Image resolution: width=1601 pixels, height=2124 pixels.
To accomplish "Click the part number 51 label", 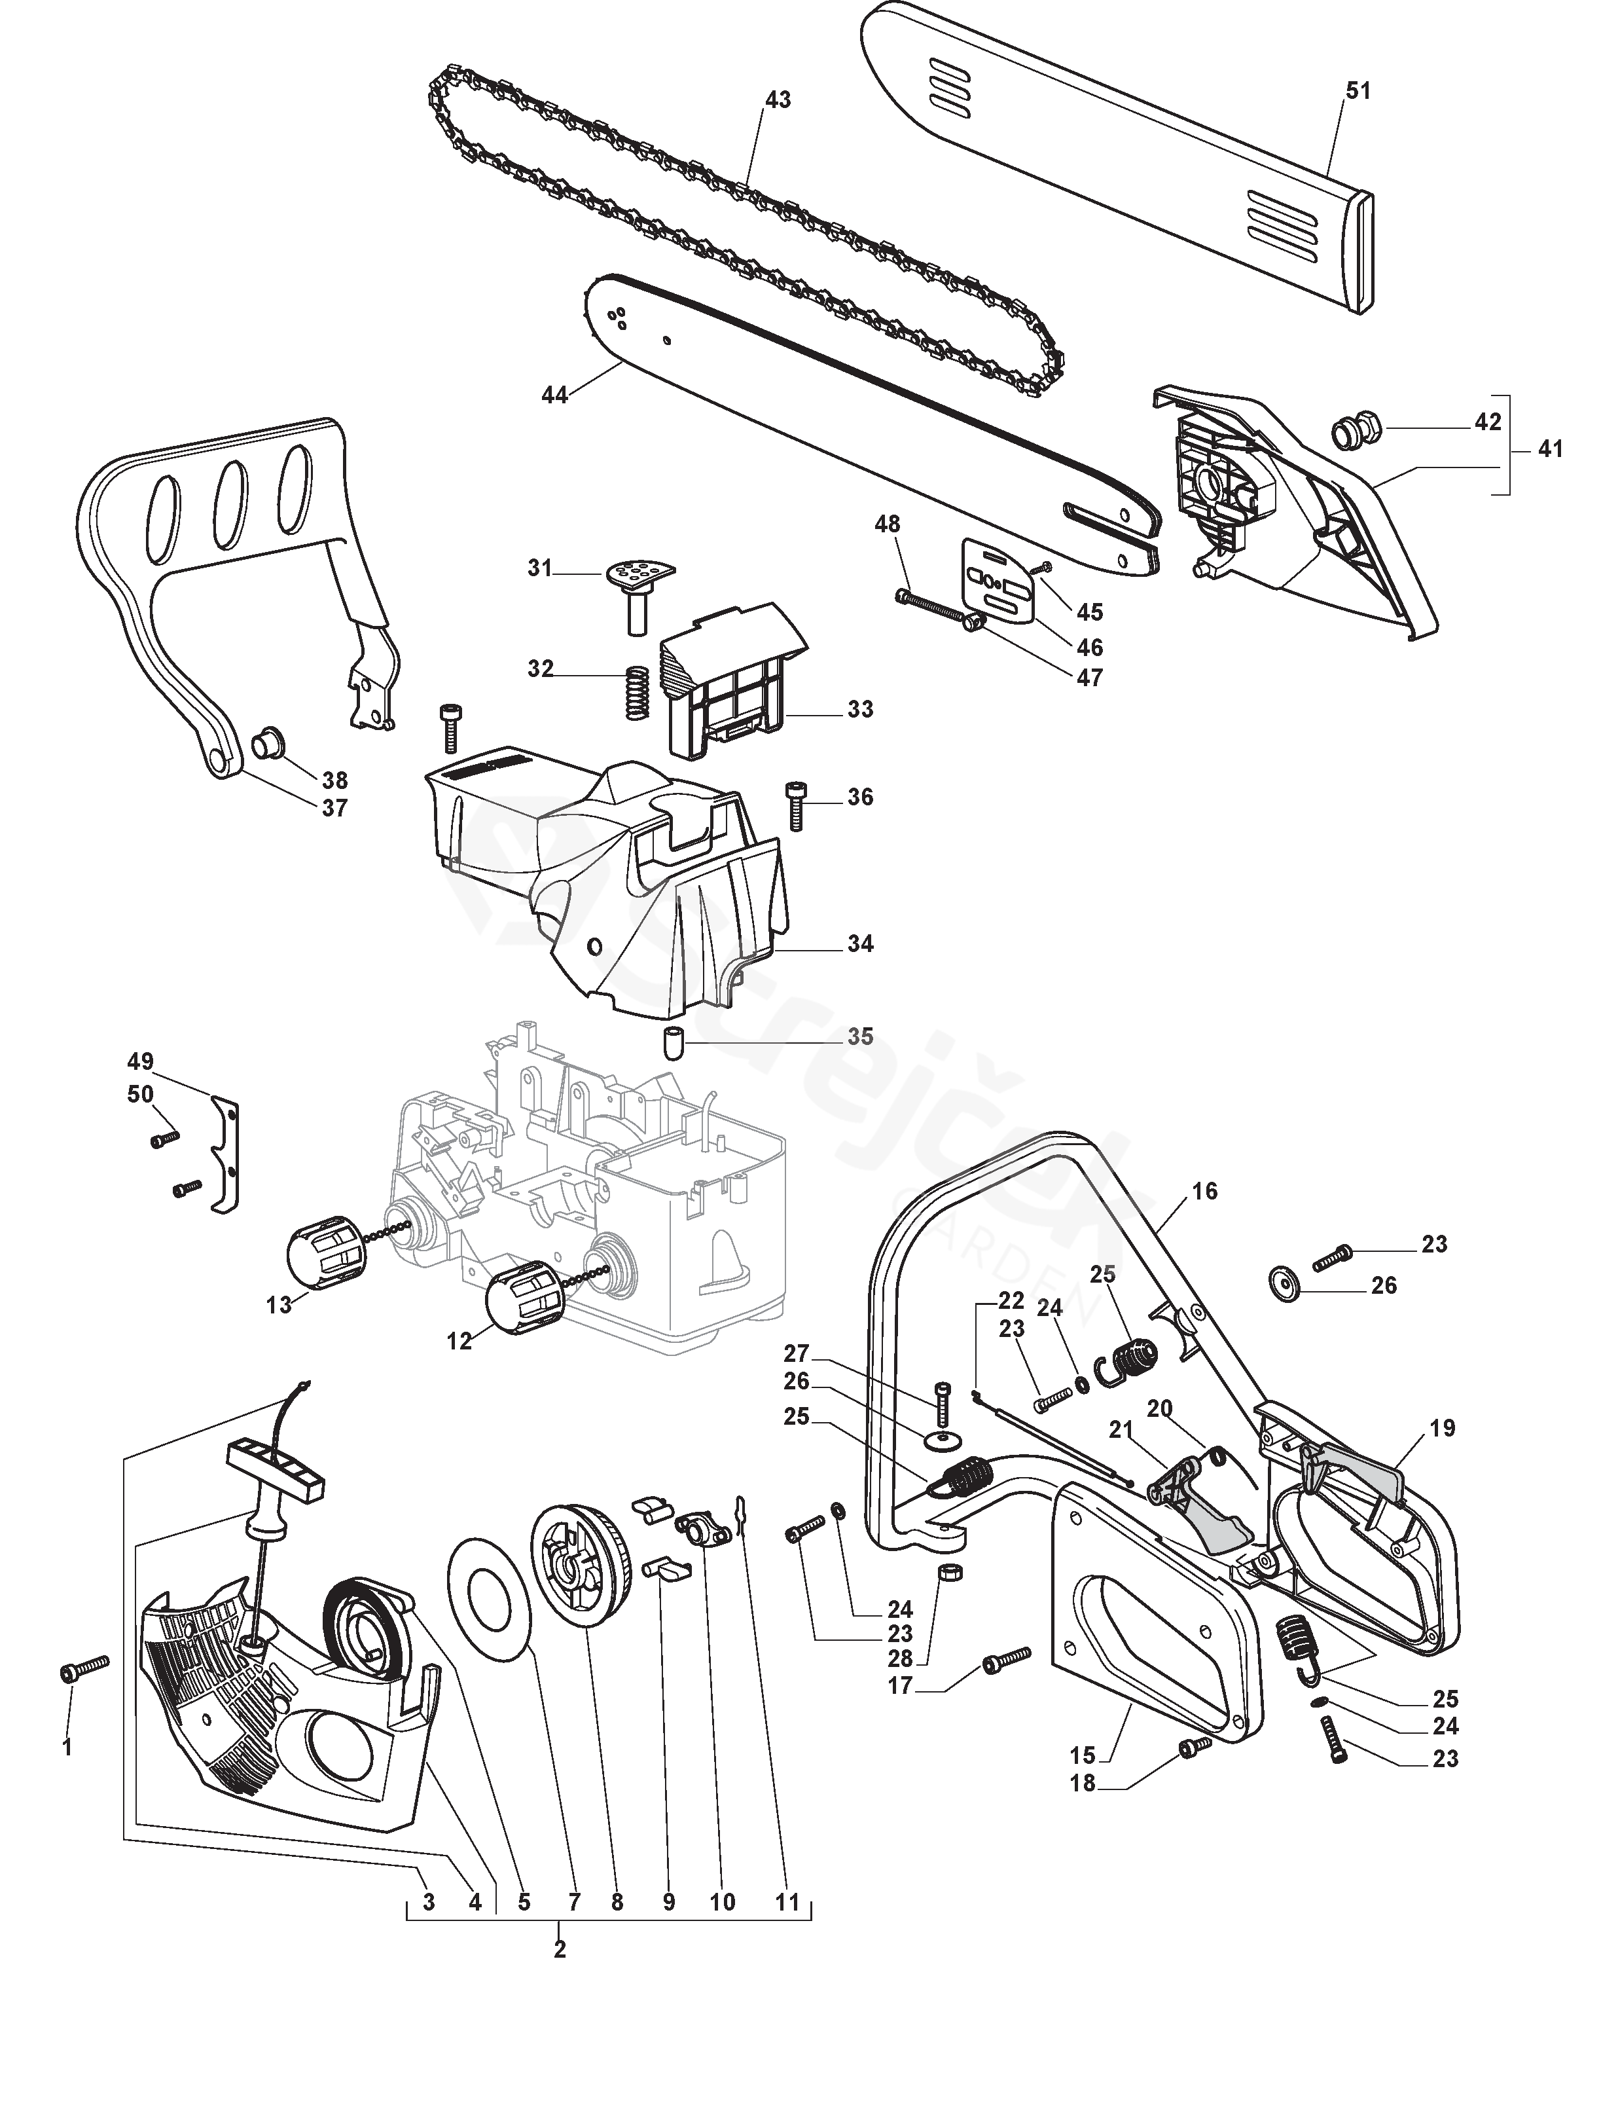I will pyautogui.click(x=1358, y=90).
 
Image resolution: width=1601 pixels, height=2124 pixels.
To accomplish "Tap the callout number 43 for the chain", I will pyautogui.click(x=778, y=100).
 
